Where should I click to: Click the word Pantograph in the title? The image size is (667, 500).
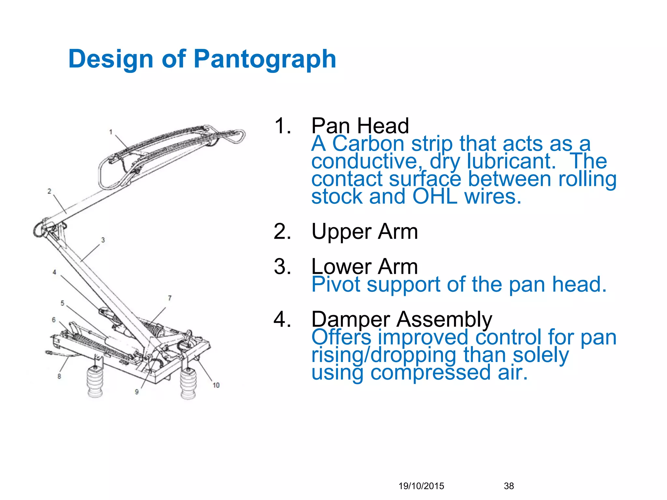click(265, 59)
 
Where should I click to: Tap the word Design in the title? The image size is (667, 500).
click(111, 59)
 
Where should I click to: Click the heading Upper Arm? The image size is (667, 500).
click(364, 231)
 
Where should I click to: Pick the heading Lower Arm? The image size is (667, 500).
click(364, 266)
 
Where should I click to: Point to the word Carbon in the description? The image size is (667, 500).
click(368, 144)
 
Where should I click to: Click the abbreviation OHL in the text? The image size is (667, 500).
click(435, 196)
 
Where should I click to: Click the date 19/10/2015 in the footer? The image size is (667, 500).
click(421, 486)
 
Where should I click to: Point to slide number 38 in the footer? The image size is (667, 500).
click(509, 486)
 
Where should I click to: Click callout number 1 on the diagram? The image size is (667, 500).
click(111, 132)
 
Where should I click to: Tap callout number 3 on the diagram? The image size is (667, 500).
click(103, 240)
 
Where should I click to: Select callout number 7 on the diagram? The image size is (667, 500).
click(169, 298)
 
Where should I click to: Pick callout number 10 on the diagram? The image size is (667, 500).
click(216, 385)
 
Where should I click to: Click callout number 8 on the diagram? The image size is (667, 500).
click(59, 376)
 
